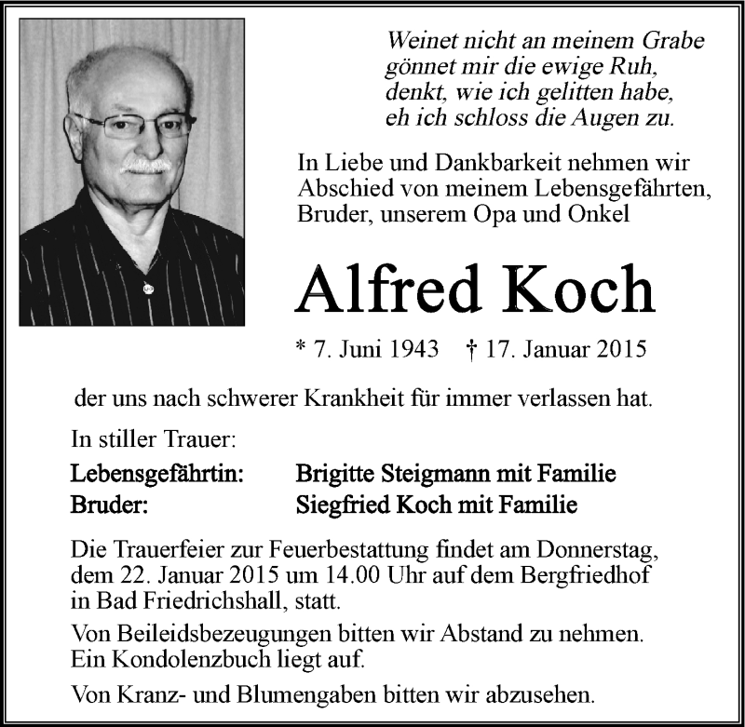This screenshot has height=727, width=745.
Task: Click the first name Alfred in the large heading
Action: (x=398, y=290)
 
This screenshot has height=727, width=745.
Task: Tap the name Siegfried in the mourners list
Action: (x=339, y=505)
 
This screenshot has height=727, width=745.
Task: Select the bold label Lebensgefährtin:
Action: (x=158, y=475)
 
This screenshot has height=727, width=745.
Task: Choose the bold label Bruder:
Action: (x=108, y=505)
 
